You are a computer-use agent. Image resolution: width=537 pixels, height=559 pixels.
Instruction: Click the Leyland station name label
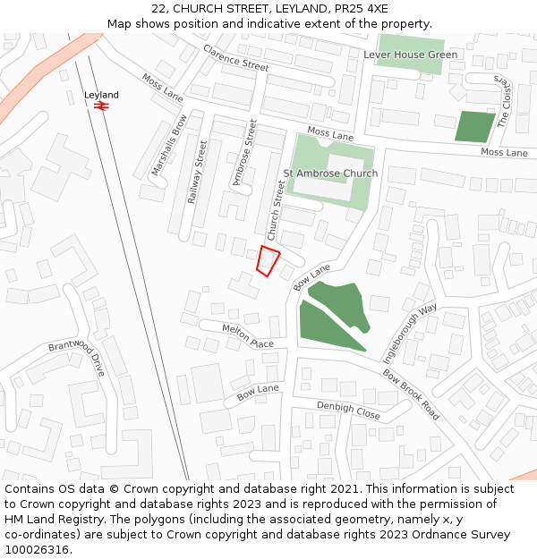coord(101,95)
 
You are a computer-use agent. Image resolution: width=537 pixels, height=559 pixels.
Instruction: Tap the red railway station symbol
coord(101,106)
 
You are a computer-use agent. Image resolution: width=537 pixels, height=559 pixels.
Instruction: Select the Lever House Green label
coord(410,55)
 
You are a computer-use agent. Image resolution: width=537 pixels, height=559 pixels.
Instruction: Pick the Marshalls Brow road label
coord(169,144)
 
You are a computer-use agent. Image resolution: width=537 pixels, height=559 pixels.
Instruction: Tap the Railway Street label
coord(197,172)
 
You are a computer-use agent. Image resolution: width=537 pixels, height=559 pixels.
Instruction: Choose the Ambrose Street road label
coord(244,153)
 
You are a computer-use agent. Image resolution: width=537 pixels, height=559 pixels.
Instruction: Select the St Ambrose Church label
coord(330,173)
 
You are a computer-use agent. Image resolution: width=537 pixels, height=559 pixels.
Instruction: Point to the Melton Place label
coord(248,336)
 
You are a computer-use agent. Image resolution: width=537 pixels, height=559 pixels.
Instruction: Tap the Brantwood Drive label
coord(77,357)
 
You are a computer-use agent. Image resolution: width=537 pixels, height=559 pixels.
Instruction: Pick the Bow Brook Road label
coord(411,394)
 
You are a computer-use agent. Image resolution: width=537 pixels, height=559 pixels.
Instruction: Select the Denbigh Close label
coord(348,410)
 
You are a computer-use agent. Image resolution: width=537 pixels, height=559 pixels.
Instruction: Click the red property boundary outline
coord(268,260)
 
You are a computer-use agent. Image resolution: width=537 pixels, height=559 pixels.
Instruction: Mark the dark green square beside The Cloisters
coord(474,126)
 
